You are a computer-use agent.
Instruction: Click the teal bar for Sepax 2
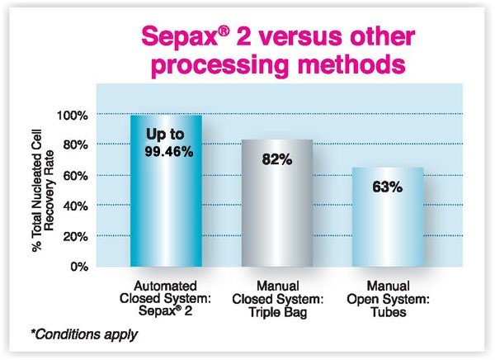(166, 191)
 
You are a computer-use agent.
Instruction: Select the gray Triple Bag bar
(277, 203)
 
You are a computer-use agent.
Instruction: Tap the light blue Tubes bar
(388, 217)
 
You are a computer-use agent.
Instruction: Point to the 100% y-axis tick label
(73, 116)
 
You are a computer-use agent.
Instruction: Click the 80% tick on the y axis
(75, 145)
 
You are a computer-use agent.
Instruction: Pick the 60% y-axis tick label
(75, 176)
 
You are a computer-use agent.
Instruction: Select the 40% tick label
(75, 206)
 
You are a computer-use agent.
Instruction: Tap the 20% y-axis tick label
(75, 236)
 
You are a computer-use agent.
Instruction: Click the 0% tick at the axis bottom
(79, 267)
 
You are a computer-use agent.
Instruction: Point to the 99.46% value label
(169, 152)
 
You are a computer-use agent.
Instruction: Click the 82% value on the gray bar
(277, 159)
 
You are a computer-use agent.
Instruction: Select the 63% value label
(388, 187)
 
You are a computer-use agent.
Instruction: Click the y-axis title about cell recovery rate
(44, 191)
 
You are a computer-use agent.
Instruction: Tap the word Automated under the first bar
(165, 286)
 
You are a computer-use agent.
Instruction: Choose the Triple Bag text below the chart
(277, 312)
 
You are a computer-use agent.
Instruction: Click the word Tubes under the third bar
(389, 312)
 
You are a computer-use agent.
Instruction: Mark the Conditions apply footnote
(84, 334)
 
